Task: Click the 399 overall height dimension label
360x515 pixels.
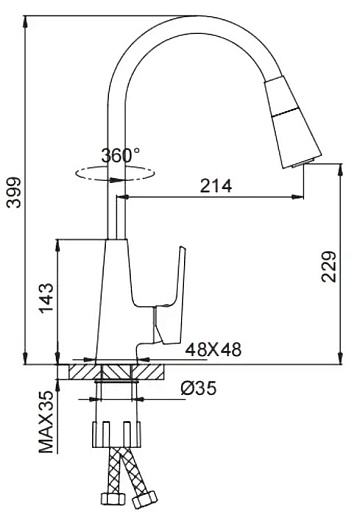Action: [x=14, y=192]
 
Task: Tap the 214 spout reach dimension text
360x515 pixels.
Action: [x=216, y=186]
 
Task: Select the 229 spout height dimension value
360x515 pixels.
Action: [x=329, y=267]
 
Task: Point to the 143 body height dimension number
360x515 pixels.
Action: [x=46, y=298]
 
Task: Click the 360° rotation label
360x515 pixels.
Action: [x=121, y=155]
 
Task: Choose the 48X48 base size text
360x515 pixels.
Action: [x=213, y=350]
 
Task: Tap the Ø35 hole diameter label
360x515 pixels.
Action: [x=199, y=388]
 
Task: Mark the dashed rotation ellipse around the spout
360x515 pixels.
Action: [x=115, y=173]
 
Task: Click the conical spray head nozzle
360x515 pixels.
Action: [x=292, y=122]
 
